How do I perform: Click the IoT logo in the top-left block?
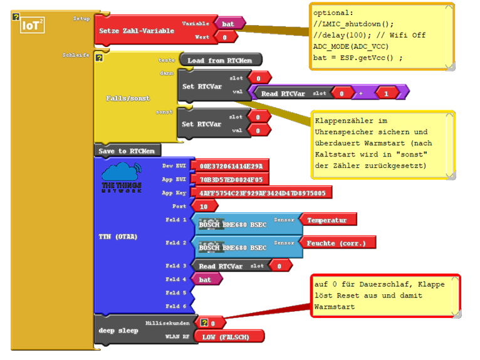32,25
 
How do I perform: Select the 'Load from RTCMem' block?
220,60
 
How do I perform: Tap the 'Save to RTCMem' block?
127,151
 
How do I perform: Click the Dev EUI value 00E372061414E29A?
231,166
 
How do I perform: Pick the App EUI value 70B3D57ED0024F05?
231,179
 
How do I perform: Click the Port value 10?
204,206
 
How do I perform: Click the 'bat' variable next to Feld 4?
206,279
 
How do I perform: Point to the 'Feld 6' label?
176,306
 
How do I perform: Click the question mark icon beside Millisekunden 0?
204,322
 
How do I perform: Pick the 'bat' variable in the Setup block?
229,23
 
